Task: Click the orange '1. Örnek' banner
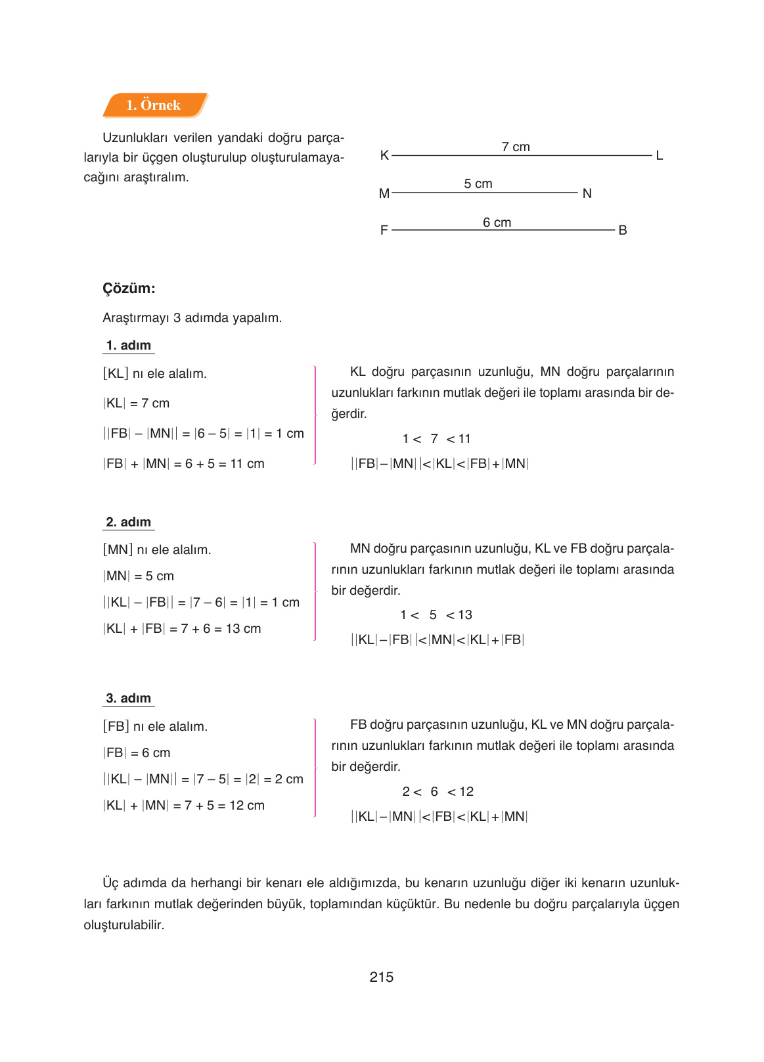154,105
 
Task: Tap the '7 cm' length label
515,147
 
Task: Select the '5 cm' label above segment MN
478,183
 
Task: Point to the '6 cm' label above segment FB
497,222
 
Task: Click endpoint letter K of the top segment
384,155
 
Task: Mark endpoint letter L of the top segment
659,156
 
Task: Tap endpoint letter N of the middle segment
587,193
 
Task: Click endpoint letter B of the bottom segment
622,230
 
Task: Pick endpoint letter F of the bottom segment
384,230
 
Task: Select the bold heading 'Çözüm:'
129,288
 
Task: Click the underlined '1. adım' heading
129,345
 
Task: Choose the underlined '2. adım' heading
129,522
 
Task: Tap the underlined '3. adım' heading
129,698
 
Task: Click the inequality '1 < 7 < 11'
436,438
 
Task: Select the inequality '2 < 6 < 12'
438,791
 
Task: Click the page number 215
381,977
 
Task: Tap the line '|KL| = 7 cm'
136,403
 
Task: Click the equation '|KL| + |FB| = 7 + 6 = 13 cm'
182,628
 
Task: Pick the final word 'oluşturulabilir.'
124,925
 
